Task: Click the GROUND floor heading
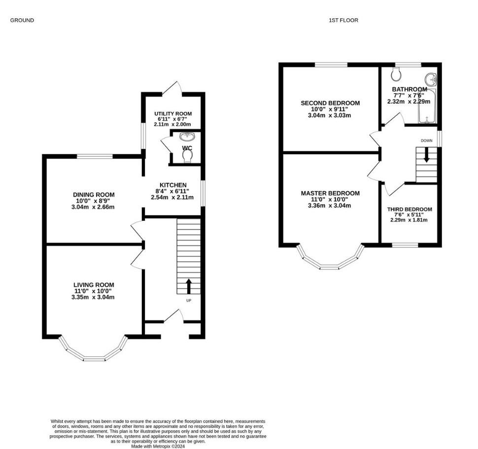pos(22,20)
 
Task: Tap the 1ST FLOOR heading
pos(343,20)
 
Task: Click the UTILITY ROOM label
pos(173,114)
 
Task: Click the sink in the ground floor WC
pos(187,137)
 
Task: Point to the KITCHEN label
pos(173,185)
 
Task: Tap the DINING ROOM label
pos(94,195)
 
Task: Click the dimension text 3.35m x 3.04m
pos(93,297)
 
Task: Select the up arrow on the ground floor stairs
pos(189,286)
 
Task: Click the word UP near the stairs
pos(189,301)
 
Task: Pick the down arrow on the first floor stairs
pos(426,155)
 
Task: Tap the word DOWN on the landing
pos(426,140)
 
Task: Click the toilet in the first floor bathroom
pos(396,74)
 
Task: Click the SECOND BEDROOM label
pos(330,103)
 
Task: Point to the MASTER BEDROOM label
pos(330,193)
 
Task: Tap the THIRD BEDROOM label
pos(410,209)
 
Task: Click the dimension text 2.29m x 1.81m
pos(409,220)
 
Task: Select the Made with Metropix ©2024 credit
pos(158,447)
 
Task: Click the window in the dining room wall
pos(95,156)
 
